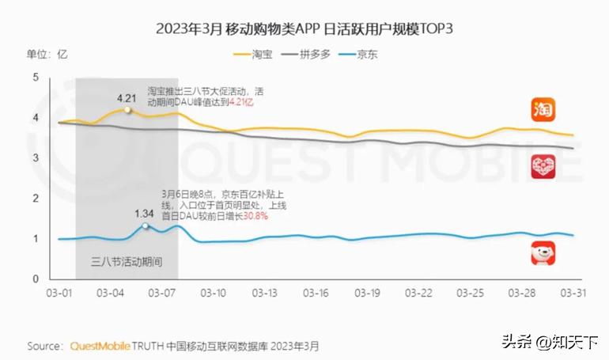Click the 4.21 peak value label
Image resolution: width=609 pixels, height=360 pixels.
click(127, 98)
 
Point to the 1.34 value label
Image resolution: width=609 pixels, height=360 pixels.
click(144, 214)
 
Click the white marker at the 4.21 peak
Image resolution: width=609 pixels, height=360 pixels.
click(127, 110)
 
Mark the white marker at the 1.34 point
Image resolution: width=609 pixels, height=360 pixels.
click(145, 226)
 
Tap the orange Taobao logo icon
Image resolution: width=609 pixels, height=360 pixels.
click(543, 109)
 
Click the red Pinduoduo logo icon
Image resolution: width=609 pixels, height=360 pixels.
click(543, 166)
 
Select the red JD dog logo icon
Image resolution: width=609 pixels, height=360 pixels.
click(543, 254)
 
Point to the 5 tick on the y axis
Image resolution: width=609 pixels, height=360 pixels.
click(35, 77)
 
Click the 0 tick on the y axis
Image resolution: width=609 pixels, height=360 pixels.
click(35, 279)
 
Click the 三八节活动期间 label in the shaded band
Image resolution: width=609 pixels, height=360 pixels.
click(127, 261)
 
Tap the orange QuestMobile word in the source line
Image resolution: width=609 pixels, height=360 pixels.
click(101, 347)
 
